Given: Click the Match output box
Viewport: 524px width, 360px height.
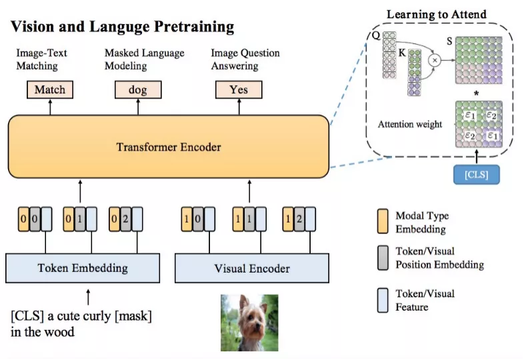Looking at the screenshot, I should point(50,90).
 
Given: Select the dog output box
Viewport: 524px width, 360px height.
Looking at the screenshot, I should point(137,90).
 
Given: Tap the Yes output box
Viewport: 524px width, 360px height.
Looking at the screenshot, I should point(238,90).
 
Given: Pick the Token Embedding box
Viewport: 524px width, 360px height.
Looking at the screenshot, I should point(82,268).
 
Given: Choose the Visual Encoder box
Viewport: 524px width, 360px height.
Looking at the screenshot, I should point(251,268).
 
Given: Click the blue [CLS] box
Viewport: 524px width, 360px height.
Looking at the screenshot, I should point(476,174).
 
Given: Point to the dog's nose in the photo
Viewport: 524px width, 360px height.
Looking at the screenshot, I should point(250,332).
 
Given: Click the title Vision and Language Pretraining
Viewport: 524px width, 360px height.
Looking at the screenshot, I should point(122,27).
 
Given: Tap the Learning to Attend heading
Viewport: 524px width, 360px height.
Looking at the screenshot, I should point(437,13).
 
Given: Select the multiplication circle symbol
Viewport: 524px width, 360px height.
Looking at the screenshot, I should point(435,59).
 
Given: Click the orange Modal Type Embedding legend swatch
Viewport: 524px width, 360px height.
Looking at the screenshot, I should point(382,221).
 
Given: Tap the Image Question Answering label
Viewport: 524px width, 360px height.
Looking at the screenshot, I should point(245,59).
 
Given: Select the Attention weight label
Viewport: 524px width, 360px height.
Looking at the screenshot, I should point(409,124).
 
